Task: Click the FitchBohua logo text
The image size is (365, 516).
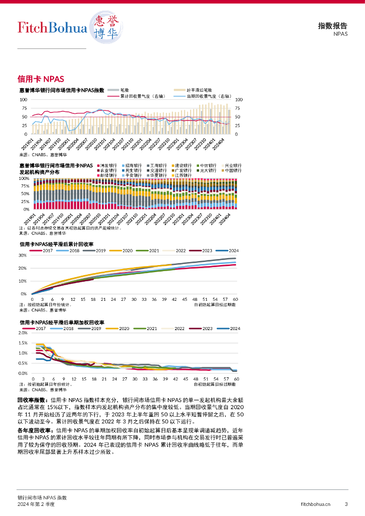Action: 52,27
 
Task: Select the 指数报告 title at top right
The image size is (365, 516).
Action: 333,26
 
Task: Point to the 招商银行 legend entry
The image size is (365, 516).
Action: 133,165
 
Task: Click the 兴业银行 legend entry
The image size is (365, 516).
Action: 232,165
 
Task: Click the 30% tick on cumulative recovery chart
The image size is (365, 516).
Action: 23,255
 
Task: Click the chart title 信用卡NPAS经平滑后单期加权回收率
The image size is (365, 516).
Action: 62,322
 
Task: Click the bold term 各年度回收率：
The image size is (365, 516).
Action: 36,431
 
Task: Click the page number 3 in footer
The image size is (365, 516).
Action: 346,504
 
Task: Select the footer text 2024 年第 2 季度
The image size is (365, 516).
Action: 36,504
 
